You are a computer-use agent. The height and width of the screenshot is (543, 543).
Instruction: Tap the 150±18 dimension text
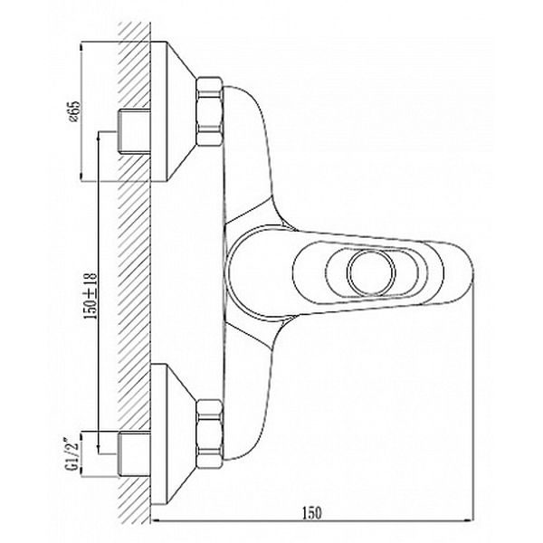click(x=92, y=296)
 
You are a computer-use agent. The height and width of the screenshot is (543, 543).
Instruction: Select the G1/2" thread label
click(x=72, y=453)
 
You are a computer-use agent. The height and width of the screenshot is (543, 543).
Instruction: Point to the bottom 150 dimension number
click(x=312, y=513)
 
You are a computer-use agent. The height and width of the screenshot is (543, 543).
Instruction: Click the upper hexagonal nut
click(x=209, y=111)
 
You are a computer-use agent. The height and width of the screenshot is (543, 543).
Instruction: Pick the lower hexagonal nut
click(x=209, y=433)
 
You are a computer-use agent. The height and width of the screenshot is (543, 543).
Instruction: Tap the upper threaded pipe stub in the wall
click(x=134, y=131)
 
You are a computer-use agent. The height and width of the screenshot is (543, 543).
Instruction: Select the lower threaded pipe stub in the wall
click(x=134, y=454)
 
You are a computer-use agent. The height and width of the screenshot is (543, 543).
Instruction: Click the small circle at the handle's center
click(x=371, y=272)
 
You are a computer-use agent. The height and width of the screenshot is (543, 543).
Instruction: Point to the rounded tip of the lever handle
click(x=472, y=271)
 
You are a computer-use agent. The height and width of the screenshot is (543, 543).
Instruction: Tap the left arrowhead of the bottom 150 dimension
click(x=156, y=519)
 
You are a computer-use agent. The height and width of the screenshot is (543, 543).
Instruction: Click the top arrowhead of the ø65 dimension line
click(x=81, y=46)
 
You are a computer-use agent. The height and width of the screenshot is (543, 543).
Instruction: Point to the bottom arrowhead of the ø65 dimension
click(x=81, y=177)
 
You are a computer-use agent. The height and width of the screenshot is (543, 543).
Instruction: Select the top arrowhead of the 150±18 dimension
click(x=99, y=136)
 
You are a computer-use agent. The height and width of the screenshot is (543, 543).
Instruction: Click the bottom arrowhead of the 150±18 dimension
click(x=99, y=450)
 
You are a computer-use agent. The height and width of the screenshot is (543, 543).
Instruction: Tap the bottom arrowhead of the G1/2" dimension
click(x=81, y=472)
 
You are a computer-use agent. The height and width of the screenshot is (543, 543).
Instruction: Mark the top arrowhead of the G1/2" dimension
click(x=81, y=436)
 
